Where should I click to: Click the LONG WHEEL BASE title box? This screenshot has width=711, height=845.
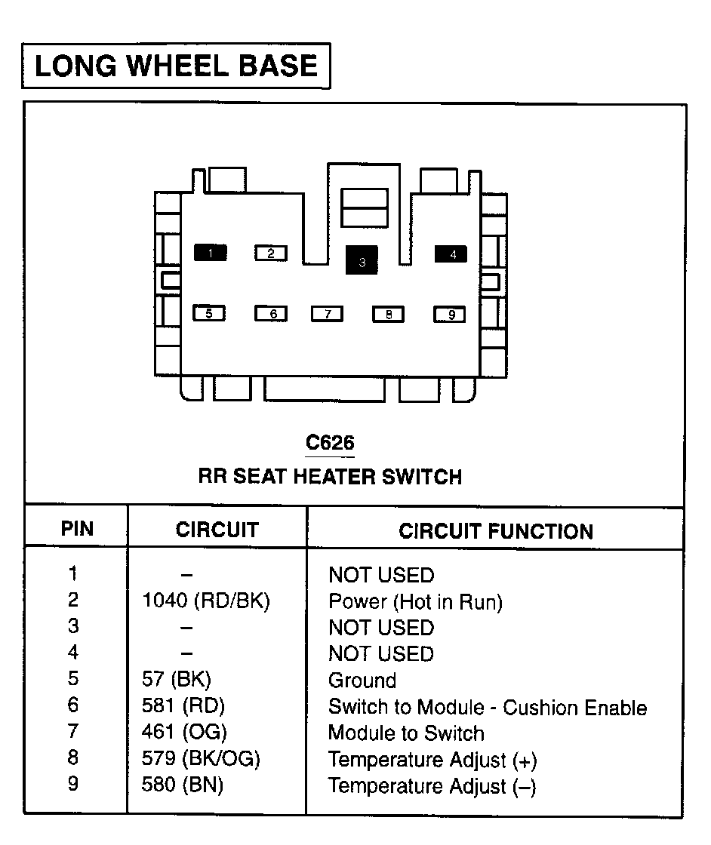pyautogui.click(x=176, y=66)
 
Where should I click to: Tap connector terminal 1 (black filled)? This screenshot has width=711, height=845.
pyautogui.click(x=211, y=252)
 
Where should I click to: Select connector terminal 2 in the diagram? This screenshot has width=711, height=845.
pyautogui.click(x=271, y=253)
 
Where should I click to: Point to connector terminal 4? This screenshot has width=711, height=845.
pyautogui.click(x=451, y=253)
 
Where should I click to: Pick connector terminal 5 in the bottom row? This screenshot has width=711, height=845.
pyautogui.click(x=209, y=313)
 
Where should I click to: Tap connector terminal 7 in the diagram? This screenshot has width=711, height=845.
pyautogui.click(x=328, y=314)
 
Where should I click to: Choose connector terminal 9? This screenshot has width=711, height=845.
pyautogui.click(x=450, y=314)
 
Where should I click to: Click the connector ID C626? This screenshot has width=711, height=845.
pyautogui.click(x=330, y=442)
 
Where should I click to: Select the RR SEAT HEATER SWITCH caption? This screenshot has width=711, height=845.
pyautogui.click(x=330, y=477)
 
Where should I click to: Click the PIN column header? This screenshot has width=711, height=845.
pyautogui.click(x=77, y=529)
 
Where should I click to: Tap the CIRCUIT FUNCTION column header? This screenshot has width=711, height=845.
pyautogui.click(x=496, y=531)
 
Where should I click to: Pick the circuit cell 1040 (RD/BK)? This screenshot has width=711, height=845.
pyautogui.click(x=206, y=601)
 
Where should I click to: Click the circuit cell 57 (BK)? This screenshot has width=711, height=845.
pyautogui.click(x=177, y=679)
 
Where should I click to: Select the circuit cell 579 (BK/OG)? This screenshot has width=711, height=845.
pyautogui.click(x=201, y=758)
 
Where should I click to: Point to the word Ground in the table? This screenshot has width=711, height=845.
pyautogui.click(x=362, y=680)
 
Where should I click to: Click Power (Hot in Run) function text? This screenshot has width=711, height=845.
pyautogui.click(x=416, y=601)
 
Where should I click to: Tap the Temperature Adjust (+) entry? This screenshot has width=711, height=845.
pyautogui.click(x=432, y=760)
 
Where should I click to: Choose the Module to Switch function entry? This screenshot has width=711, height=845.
pyautogui.click(x=406, y=733)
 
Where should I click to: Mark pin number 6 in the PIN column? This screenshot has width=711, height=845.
pyautogui.click(x=73, y=705)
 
